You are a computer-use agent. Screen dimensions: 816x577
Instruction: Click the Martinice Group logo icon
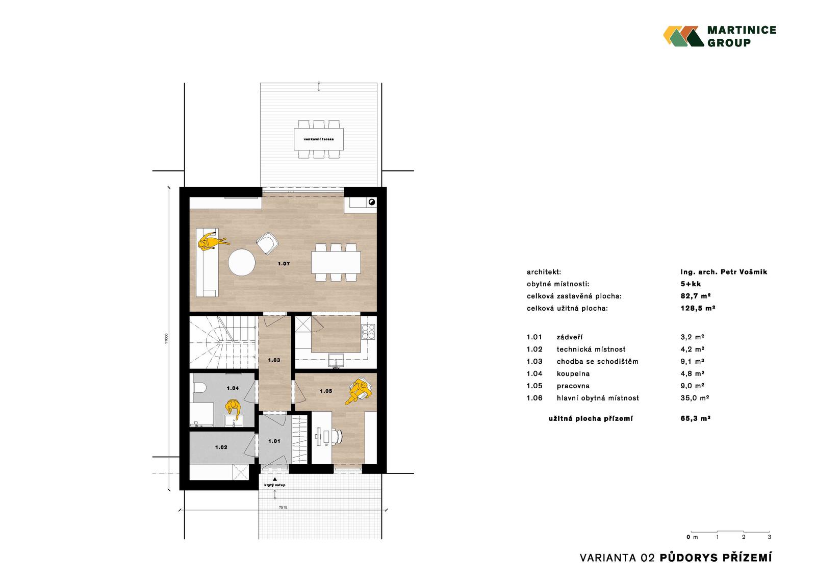683,36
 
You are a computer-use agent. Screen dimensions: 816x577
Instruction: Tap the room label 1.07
284,264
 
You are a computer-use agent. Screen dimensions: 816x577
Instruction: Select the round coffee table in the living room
242,262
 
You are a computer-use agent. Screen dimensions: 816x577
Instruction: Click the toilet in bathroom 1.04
198,388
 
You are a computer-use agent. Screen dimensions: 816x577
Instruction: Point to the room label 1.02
221,447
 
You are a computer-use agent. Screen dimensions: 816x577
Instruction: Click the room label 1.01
274,441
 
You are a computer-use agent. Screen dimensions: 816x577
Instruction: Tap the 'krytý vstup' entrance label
275,485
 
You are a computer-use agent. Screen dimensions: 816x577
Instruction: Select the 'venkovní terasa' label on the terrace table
319,139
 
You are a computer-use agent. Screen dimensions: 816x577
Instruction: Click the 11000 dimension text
166,338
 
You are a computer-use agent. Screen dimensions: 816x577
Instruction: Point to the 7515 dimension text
283,508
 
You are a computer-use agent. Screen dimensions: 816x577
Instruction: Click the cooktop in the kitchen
368,332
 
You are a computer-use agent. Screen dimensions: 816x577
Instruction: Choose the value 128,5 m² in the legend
698,308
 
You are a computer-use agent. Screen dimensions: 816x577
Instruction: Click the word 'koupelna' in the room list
573,373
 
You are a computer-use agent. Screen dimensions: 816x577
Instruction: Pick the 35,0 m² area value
695,398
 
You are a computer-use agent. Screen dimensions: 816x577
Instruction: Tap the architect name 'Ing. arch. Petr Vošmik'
724,272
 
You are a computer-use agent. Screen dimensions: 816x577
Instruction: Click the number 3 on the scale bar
770,537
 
